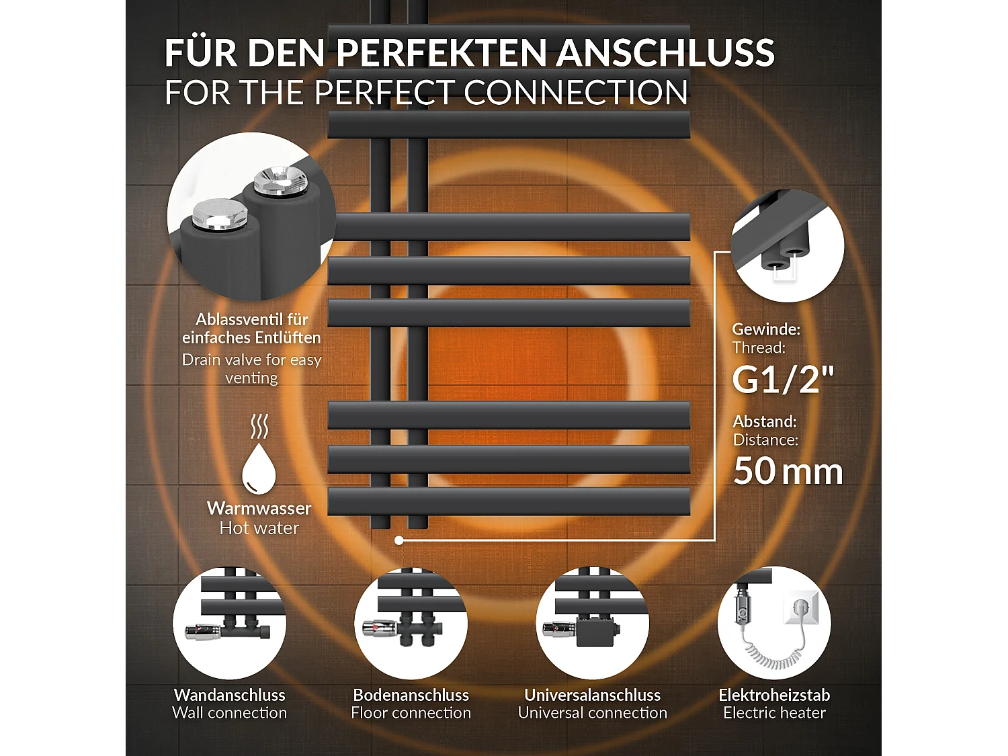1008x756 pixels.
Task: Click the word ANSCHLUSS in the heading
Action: [665, 52]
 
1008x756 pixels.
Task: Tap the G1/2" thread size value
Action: [783, 380]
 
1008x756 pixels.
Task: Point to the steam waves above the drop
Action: [259, 426]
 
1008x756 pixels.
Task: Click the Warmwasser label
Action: [259, 508]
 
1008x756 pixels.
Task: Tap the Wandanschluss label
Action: [230, 695]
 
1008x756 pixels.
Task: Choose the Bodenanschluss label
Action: [411, 695]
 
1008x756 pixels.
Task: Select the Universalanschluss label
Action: [593, 695]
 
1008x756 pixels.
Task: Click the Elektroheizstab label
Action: [774, 695]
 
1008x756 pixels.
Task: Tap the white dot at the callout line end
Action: [399, 540]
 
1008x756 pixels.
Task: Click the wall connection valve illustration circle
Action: [230, 623]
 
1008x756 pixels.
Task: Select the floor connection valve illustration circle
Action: [411, 623]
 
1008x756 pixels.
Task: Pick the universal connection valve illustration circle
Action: [593, 623]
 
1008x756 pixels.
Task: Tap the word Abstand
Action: [764, 421]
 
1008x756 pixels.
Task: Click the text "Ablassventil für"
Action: [252, 319]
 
